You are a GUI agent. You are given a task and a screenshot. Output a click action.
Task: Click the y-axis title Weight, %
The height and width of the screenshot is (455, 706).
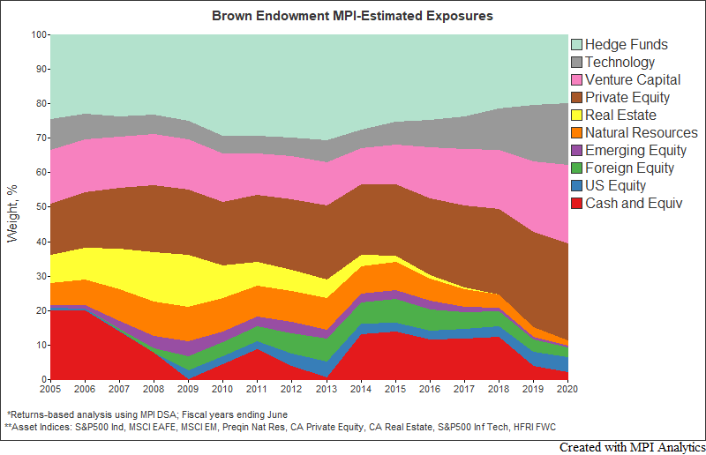[x=12, y=207]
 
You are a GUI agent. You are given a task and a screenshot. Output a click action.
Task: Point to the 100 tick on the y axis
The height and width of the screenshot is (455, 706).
[x=38, y=35]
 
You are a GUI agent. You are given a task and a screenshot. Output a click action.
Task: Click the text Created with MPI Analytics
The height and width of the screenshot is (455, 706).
[x=632, y=447]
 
